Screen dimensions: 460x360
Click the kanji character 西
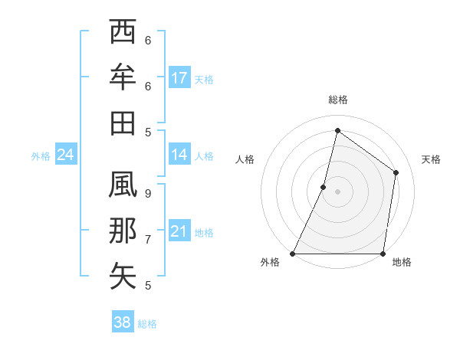[123, 34]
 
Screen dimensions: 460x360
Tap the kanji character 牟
[123, 77]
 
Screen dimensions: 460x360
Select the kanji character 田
[123, 122]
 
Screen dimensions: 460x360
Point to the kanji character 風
[123, 187]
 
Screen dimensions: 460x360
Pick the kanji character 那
[123, 231]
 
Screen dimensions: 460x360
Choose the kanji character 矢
[123, 275]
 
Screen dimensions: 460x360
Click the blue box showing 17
[179, 78]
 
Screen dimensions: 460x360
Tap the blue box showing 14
[179, 155]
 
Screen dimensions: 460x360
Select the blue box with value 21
[179, 231]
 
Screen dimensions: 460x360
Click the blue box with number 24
[66, 155]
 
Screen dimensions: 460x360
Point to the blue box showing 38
[123, 322]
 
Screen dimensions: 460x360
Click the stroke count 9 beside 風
[148, 194]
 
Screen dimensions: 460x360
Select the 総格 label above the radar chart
[337, 100]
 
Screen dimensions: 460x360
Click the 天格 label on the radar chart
[432, 159]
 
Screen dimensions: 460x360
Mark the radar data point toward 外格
[293, 254]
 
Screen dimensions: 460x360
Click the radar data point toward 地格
[383, 254]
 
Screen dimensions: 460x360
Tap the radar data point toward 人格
[324, 187]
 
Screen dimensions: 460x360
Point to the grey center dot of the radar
[337, 191]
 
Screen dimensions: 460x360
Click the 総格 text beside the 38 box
[147, 324]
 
